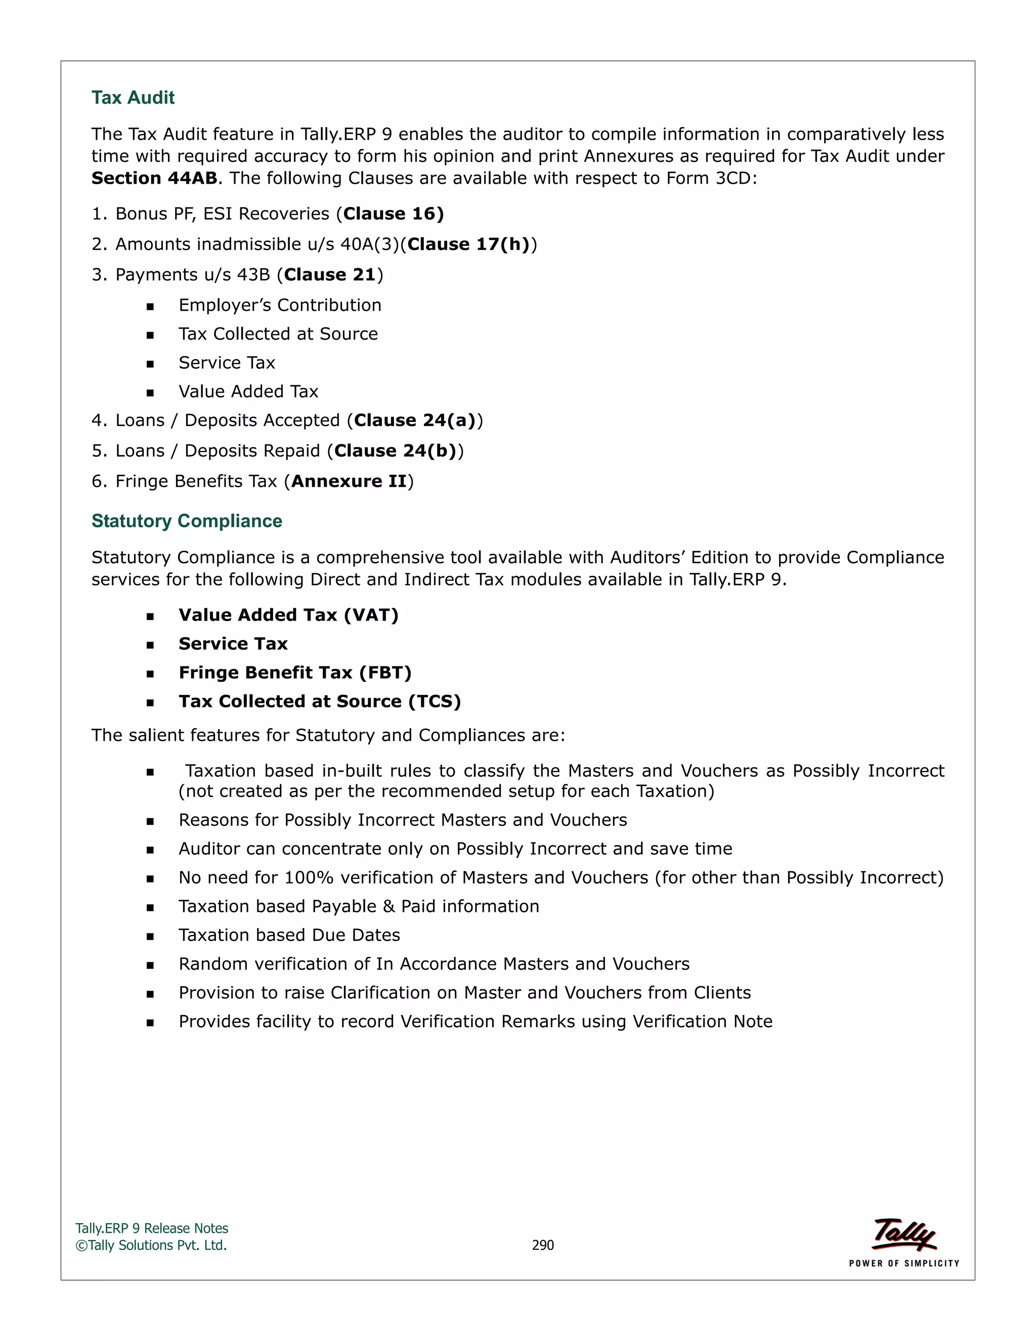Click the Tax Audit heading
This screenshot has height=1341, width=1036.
(133, 98)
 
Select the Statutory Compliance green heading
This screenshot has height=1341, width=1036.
(187, 521)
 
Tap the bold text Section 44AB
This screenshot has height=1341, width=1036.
(154, 178)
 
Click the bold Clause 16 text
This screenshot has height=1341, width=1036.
(393, 214)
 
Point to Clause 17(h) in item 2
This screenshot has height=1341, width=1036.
(468, 244)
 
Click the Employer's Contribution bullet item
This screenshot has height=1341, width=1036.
(280, 305)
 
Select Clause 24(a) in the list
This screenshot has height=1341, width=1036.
(415, 420)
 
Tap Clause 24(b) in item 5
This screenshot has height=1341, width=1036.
(395, 451)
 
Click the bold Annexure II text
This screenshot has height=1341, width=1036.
(349, 481)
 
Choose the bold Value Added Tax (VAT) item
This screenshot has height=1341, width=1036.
(288, 615)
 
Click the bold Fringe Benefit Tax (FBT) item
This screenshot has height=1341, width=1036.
(294, 673)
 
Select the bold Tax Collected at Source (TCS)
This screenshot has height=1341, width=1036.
(319, 701)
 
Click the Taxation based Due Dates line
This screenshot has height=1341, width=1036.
(289, 935)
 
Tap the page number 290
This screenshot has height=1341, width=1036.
(543, 1245)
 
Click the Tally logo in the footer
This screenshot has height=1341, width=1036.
(903, 1234)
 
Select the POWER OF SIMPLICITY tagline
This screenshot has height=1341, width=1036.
(903, 1263)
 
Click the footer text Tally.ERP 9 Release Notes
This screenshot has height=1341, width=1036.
(152, 1229)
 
